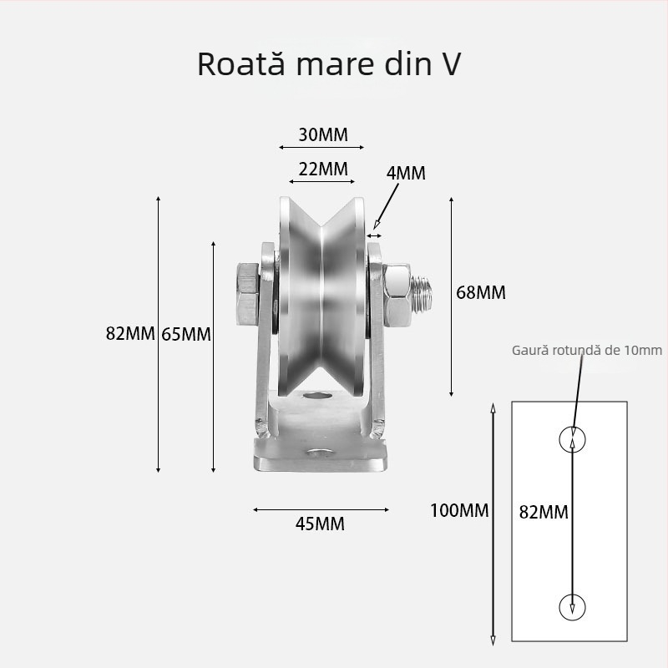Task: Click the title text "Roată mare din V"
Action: pos(328,64)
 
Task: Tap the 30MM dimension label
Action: pos(322,134)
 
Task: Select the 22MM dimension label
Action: pos(322,168)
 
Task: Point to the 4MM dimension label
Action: pos(406,174)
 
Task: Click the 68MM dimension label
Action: pos(481,292)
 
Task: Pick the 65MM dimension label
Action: pos(185,334)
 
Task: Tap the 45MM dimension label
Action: pos(320,524)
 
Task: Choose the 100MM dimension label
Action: pos(459,510)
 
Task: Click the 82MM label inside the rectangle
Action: pos(544,512)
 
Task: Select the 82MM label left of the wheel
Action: pos(130,333)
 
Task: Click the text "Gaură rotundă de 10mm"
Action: pos(587,350)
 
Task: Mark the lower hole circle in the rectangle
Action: pos(572,604)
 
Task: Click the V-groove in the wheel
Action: pos(321,301)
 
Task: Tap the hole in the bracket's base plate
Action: pos(318,455)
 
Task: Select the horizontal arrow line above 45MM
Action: pos(321,509)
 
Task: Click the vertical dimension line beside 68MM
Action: pos(452,296)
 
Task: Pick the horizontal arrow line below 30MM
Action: pos(321,149)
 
